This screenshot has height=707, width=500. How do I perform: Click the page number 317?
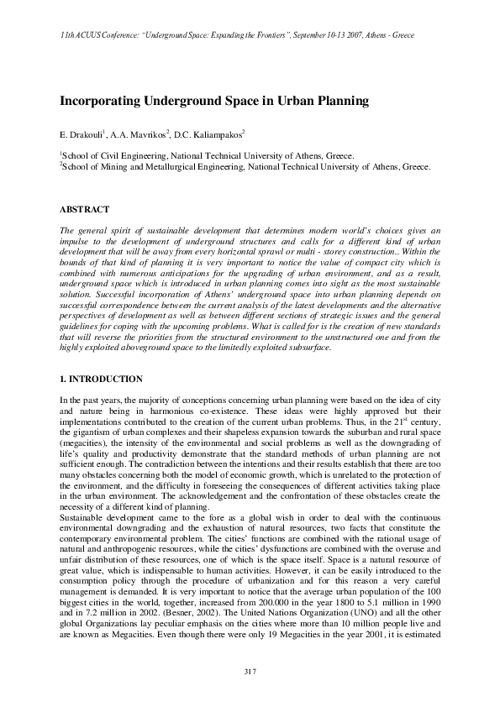(249, 670)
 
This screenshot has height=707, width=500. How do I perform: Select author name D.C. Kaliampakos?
(209, 134)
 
